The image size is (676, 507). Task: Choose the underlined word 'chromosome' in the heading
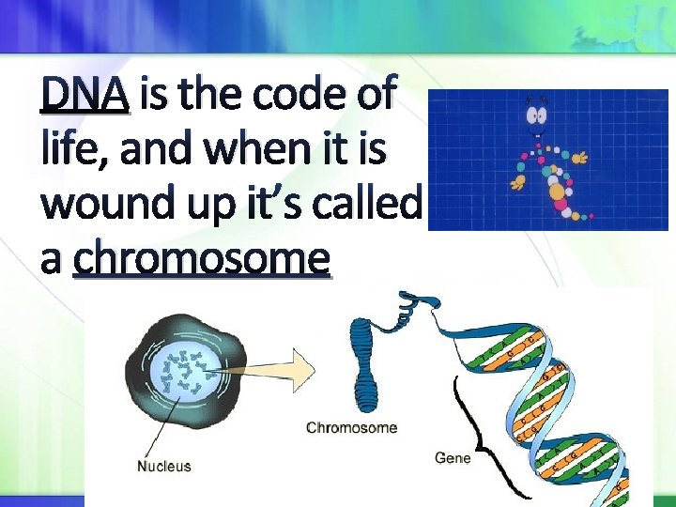[x=202, y=257]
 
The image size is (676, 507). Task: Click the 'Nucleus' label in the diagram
[x=164, y=466]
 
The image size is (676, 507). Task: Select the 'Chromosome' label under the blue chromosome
[x=351, y=428]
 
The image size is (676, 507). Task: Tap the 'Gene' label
[x=452, y=458]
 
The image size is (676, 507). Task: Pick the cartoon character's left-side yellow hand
[x=516, y=178]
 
